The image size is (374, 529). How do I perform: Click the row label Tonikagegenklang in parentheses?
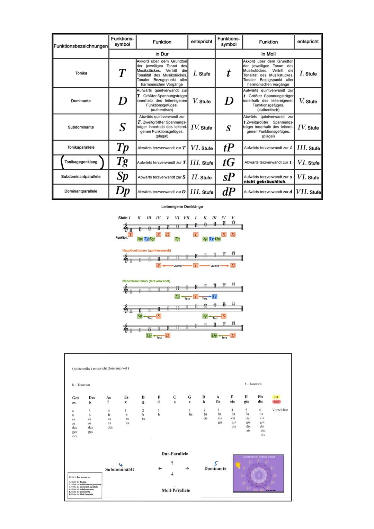(81, 162)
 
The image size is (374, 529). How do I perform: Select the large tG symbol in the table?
(229, 162)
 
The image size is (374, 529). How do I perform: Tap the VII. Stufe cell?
(308, 192)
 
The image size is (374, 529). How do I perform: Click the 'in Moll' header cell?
(268, 54)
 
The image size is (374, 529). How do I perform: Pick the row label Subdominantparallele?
(81, 177)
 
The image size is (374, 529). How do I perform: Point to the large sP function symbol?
(229, 177)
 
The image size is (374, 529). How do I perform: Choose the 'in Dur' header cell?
(162, 54)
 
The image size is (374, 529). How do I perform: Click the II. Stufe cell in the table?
(202, 177)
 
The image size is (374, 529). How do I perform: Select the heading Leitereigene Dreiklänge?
(182, 207)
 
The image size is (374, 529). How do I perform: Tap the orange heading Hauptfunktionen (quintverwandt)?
(146, 250)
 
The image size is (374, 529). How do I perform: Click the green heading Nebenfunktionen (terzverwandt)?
(146, 281)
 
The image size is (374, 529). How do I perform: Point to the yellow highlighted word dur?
(276, 397)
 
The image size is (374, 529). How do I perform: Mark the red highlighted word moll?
(276, 402)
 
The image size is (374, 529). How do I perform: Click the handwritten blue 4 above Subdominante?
(121, 465)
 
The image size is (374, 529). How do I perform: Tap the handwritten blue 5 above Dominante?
(216, 464)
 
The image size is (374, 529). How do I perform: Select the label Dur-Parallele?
(175, 453)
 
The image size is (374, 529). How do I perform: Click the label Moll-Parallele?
(176, 490)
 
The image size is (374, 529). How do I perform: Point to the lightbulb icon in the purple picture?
(238, 465)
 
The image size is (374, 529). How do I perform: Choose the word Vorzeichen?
(280, 410)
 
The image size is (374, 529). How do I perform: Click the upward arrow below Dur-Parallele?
(172, 463)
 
